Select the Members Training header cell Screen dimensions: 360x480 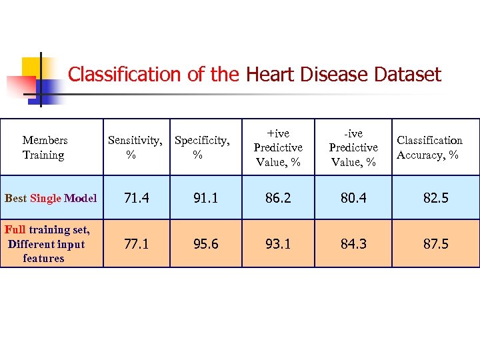(x=45, y=147)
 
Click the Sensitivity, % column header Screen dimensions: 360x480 (x=135, y=147)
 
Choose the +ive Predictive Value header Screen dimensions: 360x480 (x=278, y=147)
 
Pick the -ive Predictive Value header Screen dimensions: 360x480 (x=353, y=147)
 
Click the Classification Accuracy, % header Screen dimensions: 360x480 (x=429, y=147)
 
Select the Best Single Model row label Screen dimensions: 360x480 (x=51, y=198)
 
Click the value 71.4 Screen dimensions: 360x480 (x=136, y=198)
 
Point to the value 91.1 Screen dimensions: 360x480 (x=205, y=198)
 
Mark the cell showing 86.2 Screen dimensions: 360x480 (x=278, y=198)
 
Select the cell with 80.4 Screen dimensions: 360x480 (x=353, y=198)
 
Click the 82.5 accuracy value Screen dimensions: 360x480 (x=435, y=198)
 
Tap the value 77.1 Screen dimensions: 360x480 (x=136, y=244)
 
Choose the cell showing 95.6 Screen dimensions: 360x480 (x=205, y=244)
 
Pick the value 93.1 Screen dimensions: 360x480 (x=278, y=244)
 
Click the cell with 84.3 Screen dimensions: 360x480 (x=353, y=244)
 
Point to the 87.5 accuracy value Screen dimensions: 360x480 (x=435, y=244)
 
